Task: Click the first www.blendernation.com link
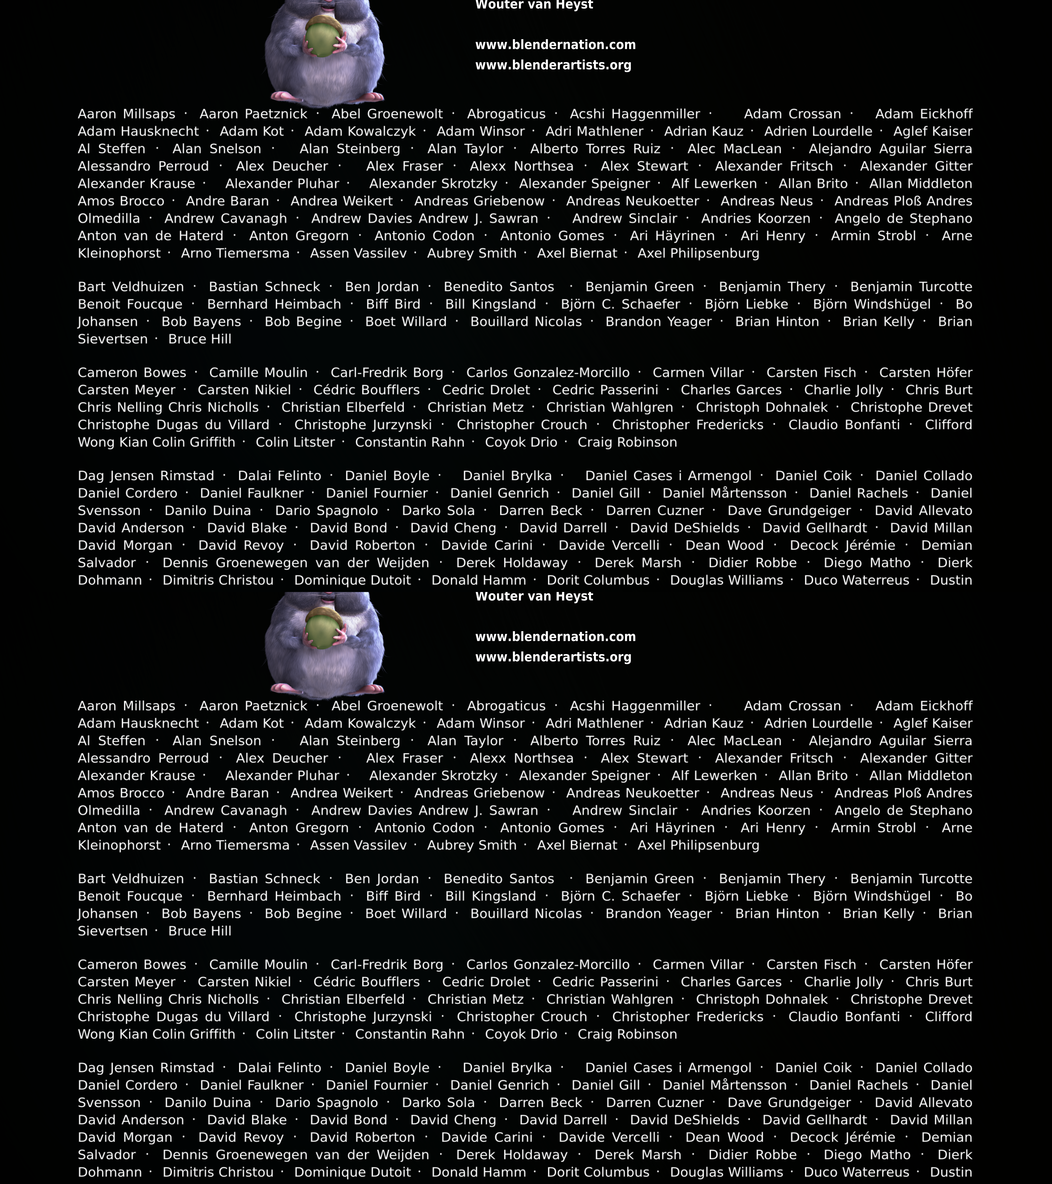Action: tap(555, 45)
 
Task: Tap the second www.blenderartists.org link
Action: tap(553, 657)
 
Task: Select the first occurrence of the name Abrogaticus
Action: tap(506, 114)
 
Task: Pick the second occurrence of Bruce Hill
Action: tap(200, 931)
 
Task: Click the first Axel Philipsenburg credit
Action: tap(698, 253)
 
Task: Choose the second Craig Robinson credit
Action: tap(627, 1034)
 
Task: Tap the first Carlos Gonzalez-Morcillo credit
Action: tap(548, 373)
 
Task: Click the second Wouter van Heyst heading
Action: tap(534, 596)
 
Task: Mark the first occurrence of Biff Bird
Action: tap(393, 304)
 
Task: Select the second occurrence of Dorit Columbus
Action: tap(598, 1172)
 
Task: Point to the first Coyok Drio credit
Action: tap(521, 442)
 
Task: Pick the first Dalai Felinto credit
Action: tap(280, 475)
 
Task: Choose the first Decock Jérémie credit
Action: tap(842, 545)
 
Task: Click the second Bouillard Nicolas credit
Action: tap(526, 914)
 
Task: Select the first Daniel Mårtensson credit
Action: tap(724, 493)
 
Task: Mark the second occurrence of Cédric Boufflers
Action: tap(367, 982)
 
